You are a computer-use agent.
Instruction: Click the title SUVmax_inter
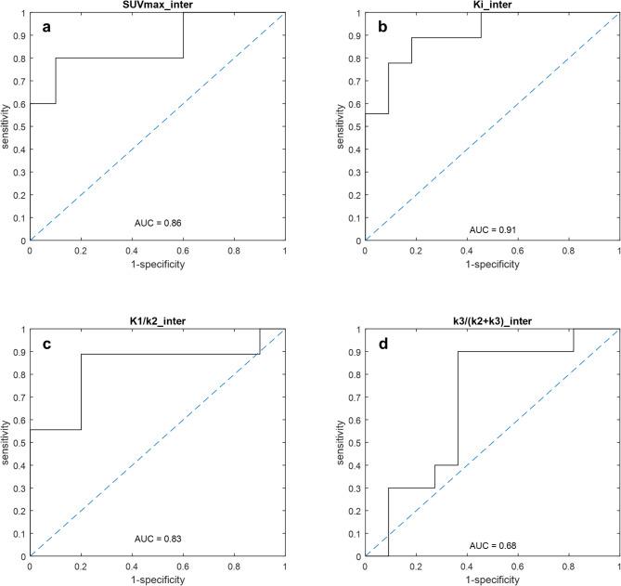(x=158, y=6)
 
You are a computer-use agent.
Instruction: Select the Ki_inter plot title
(x=492, y=6)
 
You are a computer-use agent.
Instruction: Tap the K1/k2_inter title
(x=158, y=321)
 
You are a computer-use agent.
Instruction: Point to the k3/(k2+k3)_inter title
(x=492, y=321)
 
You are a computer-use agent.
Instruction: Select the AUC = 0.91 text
(x=492, y=228)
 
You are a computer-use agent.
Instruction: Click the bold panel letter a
(x=46, y=28)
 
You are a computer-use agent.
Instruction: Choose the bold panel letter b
(x=382, y=28)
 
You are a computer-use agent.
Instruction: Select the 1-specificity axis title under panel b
(x=492, y=265)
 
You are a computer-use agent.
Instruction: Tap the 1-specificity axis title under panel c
(x=158, y=579)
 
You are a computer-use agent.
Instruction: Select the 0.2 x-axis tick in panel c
(x=82, y=566)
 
